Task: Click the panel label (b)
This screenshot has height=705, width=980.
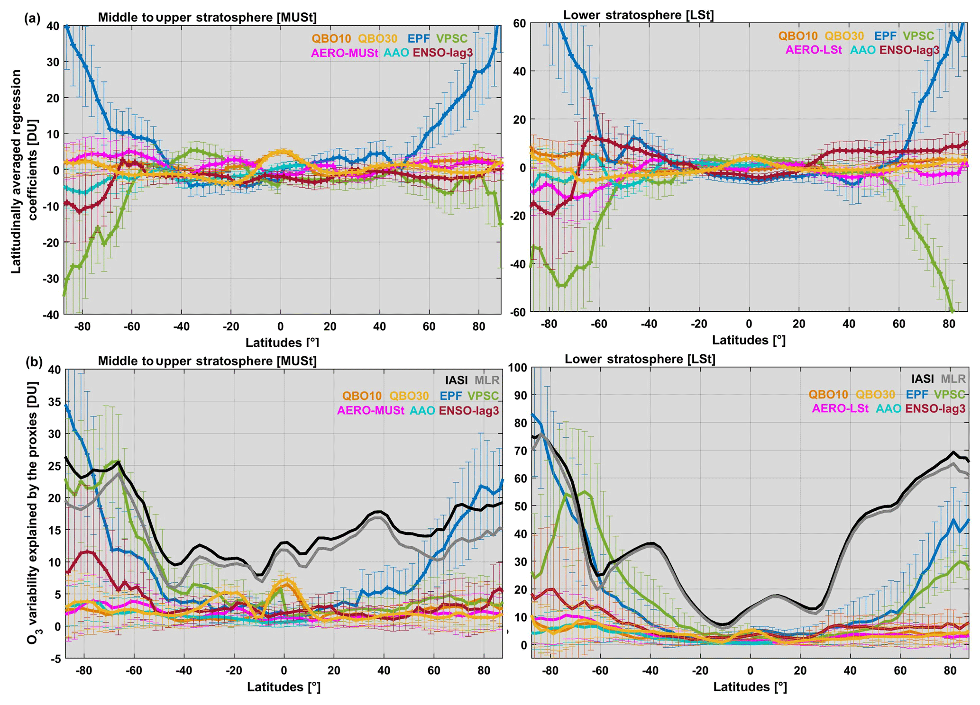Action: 34,362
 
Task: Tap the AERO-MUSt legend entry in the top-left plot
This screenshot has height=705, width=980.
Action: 344,53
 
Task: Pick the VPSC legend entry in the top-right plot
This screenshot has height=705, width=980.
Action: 918,36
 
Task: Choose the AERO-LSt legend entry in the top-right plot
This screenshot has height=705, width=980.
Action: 814,50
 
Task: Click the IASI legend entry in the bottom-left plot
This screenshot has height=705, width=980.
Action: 456,380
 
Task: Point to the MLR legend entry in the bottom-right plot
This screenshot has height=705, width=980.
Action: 953,379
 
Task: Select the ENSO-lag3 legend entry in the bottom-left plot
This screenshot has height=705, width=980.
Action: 469,410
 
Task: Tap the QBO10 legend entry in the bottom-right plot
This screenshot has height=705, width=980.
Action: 828,394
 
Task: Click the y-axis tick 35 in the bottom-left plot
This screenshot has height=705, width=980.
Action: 55,402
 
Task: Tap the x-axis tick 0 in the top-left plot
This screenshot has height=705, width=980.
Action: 281,326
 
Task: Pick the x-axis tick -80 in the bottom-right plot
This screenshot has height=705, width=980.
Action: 550,671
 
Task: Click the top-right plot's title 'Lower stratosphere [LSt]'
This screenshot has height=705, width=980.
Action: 638,15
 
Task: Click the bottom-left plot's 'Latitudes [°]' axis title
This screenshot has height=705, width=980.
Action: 284,687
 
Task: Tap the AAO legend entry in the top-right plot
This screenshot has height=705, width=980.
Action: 862,50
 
